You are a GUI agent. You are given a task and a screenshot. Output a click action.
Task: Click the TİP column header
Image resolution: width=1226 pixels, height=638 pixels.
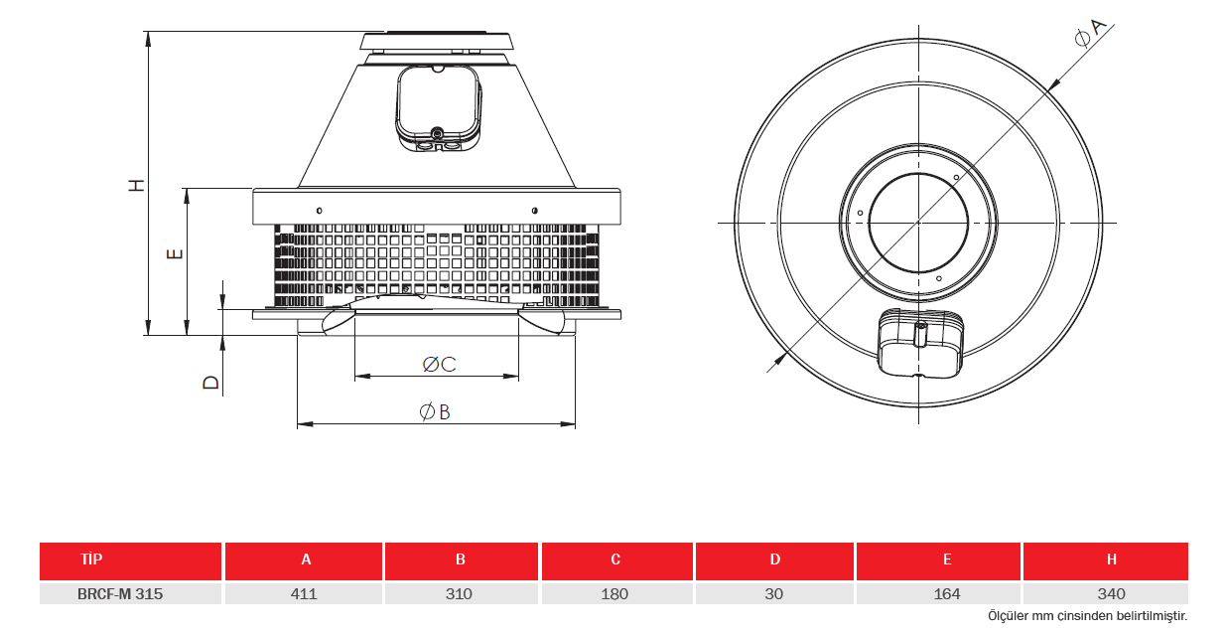(91, 559)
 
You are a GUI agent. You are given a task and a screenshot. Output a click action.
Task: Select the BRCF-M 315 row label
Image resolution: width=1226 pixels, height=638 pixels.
(120, 593)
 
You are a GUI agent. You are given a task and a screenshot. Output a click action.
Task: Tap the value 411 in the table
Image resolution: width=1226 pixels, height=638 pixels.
(304, 593)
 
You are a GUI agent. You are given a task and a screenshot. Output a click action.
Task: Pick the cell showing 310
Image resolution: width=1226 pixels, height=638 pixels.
(459, 593)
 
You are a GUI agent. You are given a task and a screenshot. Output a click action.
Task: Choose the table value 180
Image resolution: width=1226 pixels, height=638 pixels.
(614, 593)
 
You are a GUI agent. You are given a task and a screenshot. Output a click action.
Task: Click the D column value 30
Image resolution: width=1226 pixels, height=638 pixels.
(774, 593)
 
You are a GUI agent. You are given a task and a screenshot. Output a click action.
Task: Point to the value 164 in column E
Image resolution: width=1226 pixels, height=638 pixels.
(947, 593)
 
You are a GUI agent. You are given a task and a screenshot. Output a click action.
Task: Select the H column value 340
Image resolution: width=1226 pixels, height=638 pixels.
(1111, 593)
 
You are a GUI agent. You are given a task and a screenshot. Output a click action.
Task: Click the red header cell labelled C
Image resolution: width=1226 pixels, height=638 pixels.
(616, 560)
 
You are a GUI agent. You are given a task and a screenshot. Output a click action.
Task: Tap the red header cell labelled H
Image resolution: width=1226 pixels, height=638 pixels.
(1106, 560)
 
